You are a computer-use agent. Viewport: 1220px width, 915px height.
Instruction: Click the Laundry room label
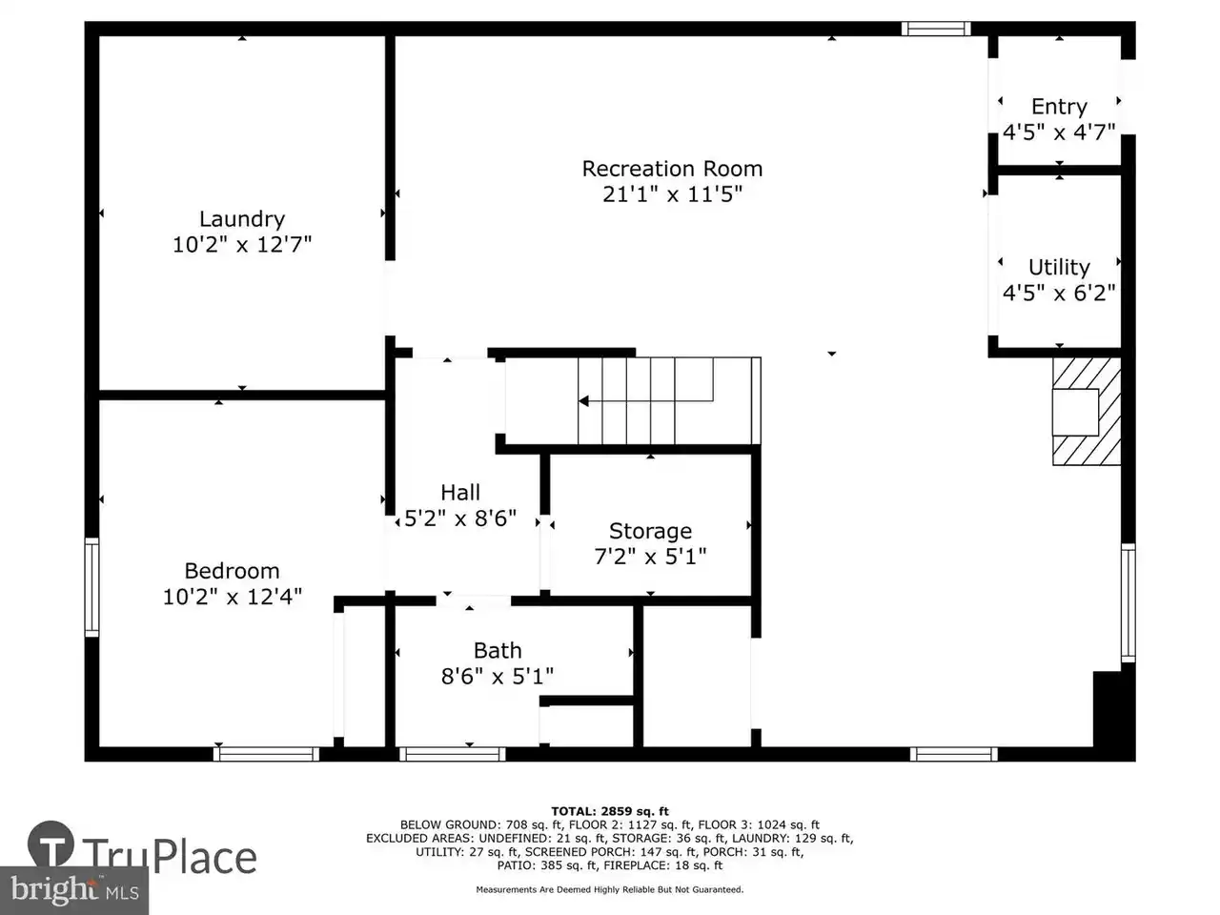click(242, 219)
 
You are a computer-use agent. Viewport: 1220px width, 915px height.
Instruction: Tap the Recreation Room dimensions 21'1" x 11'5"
click(672, 194)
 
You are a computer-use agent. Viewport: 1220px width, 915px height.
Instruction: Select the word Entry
click(1059, 107)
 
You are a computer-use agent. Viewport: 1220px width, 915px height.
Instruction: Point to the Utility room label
click(1059, 267)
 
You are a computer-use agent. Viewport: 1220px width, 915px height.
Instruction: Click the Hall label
click(460, 492)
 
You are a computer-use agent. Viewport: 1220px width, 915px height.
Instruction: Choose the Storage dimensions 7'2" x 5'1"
click(650, 556)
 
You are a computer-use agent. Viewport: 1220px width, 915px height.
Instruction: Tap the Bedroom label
click(232, 571)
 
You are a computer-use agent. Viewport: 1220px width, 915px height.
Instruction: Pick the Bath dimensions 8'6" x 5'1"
click(498, 676)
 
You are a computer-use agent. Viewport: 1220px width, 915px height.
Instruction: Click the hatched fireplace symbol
click(1086, 411)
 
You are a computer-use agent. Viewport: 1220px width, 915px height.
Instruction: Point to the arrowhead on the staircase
click(583, 400)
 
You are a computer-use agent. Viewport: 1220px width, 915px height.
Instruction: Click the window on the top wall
click(936, 29)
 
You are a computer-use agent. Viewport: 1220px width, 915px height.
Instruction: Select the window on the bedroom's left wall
click(91, 587)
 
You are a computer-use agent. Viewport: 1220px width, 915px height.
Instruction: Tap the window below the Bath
click(453, 754)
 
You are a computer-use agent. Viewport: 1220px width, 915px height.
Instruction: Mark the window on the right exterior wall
click(1128, 602)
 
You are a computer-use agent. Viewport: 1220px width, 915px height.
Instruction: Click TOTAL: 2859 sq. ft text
click(610, 812)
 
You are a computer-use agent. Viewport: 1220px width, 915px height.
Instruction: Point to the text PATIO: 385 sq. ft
click(547, 865)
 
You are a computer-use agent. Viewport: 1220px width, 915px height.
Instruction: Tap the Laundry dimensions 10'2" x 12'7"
click(242, 244)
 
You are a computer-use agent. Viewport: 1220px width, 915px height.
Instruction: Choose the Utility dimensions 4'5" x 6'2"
click(1059, 293)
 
